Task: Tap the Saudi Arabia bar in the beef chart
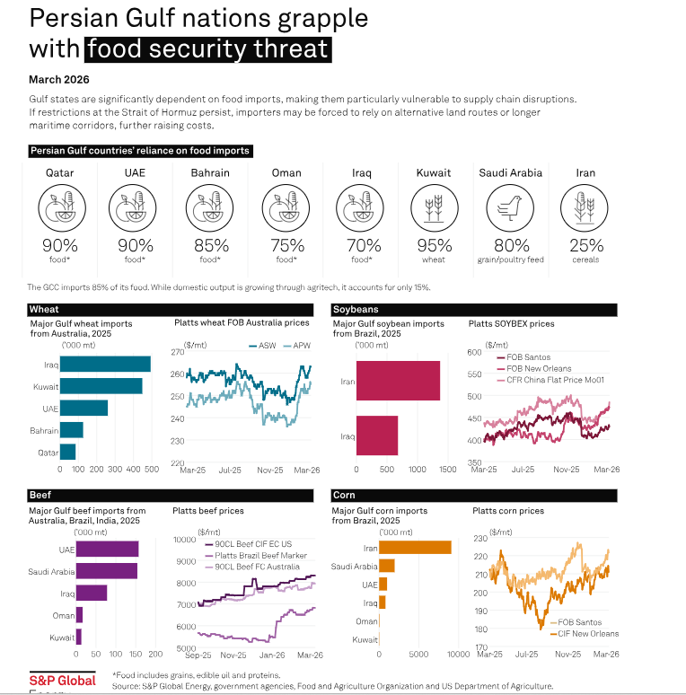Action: point(106,571)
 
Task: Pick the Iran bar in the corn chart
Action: point(415,547)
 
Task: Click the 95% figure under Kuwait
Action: point(434,246)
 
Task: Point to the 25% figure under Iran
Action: point(585,246)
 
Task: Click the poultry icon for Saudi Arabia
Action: point(509,207)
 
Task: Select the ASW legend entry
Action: point(267,345)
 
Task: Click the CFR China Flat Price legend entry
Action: point(547,380)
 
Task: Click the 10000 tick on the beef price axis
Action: point(185,541)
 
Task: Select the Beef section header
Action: point(40,495)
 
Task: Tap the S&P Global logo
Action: point(62,680)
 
